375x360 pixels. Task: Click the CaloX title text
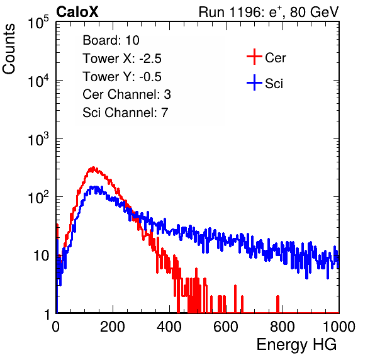tap(77, 12)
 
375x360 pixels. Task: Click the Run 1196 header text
tap(269, 12)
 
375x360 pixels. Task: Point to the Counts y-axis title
tap(9, 49)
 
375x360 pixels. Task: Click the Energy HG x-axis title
tap(296, 344)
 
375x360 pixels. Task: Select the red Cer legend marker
tap(254, 57)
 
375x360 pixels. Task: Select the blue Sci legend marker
tap(254, 82)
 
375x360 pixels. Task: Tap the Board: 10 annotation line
tap(111, 40)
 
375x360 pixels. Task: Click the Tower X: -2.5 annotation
tap(122, 59)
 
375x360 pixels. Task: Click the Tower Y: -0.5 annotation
tap(122, 77)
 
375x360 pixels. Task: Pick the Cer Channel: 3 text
tap(126, 94)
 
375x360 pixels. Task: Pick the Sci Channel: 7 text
tap(125, 113)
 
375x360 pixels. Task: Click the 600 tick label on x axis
tap(226, 327)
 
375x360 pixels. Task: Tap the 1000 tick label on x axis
tap(339, 327)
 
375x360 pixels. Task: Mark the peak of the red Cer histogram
tap(93, 167)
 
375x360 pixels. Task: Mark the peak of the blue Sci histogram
tap(95, 187)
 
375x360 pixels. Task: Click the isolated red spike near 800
tap(277, 304)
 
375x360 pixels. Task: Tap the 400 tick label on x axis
tap(169, 327)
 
